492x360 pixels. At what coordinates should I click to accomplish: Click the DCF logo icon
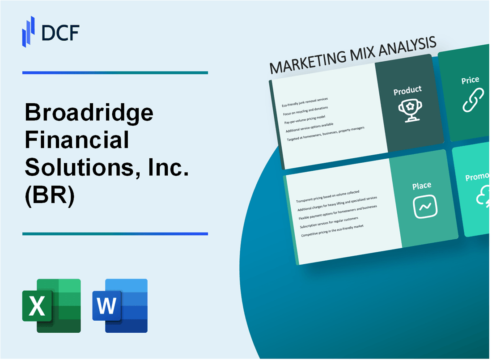pyautogui.click(x=29, y=31)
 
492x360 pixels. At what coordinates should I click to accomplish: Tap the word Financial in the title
pyautogui.click(x=77, y=141)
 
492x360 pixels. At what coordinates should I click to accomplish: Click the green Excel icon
pyautogui.click(x=51, y=306)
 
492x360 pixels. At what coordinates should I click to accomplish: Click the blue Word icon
pyautogui.click(x=120, y=306)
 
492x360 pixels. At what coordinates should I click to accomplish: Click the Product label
pyautogui.click(x=407, y=91)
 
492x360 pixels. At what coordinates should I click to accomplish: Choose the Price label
pyautogui.click(x=470, y=80)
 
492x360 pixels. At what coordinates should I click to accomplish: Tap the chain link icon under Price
pyautogui.click(x=473, y=101)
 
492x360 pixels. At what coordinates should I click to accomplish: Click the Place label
pyautogui.click(x=422, y=186)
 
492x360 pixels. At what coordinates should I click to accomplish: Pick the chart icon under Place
pyautogui.click(x=425, y=207)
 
